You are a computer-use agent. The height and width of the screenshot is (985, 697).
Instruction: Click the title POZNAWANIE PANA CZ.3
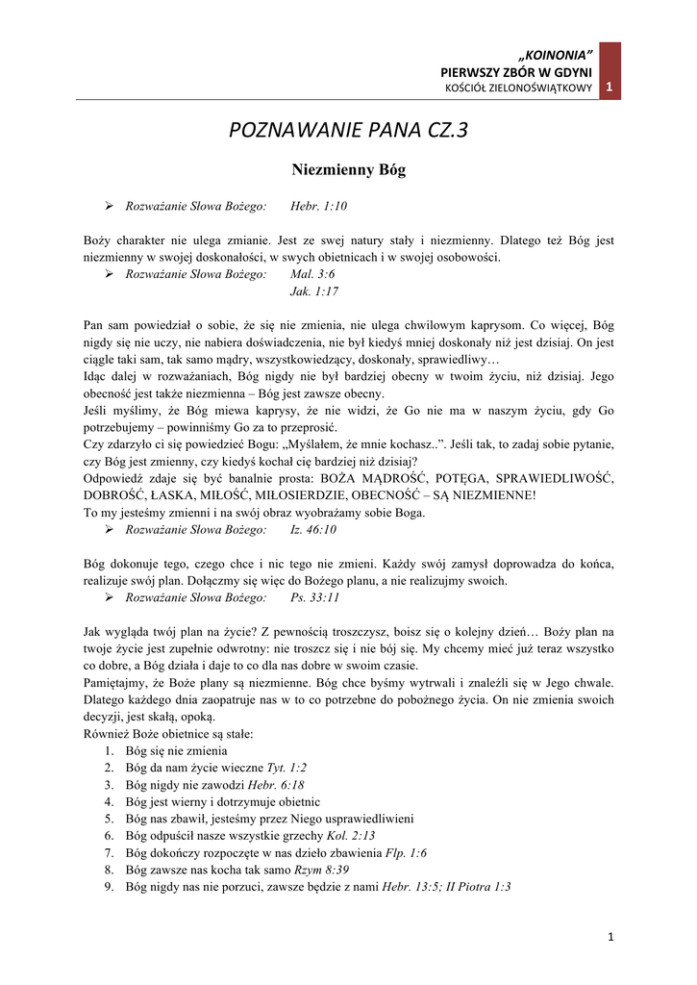[348, 129]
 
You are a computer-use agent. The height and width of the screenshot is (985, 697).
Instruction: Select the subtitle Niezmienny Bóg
[348, 170]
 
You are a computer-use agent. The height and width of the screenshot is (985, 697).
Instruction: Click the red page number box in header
[610, 88]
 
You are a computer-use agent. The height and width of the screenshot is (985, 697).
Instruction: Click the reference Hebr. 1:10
[318, 206]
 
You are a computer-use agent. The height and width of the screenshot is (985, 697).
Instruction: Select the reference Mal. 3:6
[312, 274]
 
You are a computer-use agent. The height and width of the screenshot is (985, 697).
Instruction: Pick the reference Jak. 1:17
[314, 290]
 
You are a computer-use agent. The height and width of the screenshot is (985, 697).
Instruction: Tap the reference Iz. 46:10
[313, 529]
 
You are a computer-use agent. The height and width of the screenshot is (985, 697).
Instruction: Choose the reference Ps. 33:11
[314, 597]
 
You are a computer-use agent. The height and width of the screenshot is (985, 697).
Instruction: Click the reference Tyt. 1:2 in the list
[286, 768]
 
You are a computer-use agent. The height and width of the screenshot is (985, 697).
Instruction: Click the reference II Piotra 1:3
[479, 887]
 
